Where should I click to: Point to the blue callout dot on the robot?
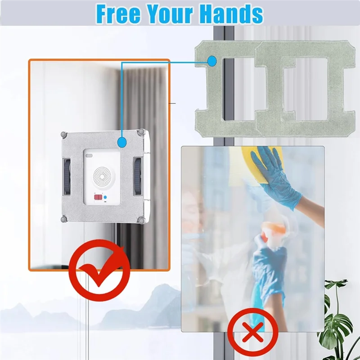121,143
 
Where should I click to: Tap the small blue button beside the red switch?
105,197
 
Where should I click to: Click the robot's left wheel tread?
67,176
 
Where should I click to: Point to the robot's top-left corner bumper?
65,134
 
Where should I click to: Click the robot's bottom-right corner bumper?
142,220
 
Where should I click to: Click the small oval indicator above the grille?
89,156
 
